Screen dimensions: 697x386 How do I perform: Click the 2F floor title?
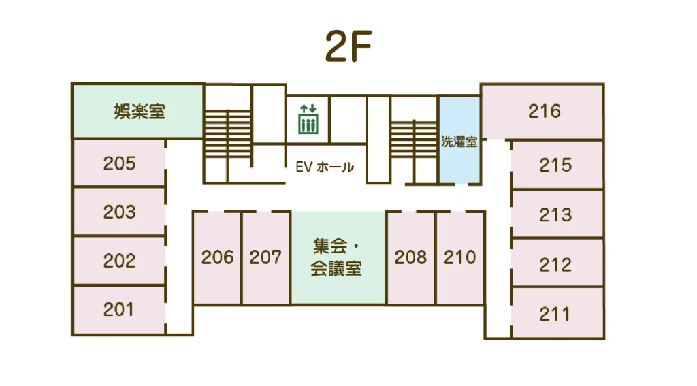348,46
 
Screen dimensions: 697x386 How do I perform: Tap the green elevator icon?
308,119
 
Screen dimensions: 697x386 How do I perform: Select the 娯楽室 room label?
140,111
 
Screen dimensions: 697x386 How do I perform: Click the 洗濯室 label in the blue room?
459,142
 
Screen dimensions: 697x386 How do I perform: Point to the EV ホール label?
325,167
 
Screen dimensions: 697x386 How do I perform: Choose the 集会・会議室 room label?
336,258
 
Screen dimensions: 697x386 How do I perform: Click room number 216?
545,111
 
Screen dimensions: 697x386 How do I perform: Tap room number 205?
120,163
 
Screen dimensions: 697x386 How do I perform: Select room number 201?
118,310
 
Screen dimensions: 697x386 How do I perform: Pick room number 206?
217,257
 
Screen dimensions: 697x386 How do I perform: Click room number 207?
265,257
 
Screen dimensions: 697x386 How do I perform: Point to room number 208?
410,257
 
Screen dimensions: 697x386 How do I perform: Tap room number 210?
459,257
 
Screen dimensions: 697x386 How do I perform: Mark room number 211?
555,315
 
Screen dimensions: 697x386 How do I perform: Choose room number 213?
555,215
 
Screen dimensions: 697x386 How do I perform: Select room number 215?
555,165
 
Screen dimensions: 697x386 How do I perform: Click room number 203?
120,212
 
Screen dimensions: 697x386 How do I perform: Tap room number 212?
555,265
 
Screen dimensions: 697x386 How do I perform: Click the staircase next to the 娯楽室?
228,134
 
